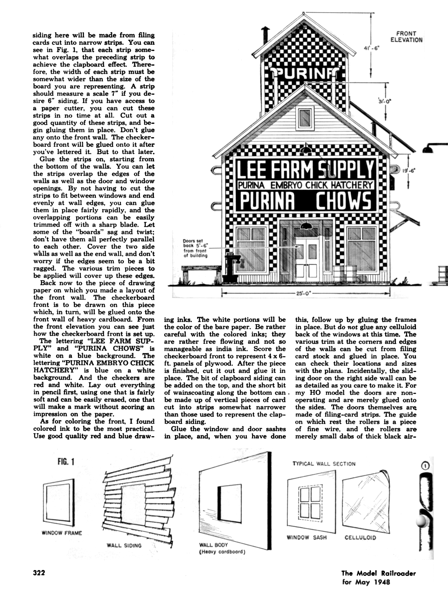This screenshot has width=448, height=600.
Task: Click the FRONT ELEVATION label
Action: [x=406, y=37]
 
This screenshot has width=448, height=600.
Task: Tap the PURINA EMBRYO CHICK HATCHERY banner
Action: [x=305, y=185]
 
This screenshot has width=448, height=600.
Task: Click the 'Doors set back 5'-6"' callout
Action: [x=195, y=248]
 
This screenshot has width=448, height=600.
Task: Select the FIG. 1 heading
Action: [x=66, y=462]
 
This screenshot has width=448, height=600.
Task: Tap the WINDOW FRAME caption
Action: [x=62, y=533]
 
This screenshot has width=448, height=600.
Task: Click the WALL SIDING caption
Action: [x=124, y=545]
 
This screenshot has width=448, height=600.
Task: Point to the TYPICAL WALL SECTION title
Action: [x=324, y=464]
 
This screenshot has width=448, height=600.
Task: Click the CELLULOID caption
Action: [x=360, y=537]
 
